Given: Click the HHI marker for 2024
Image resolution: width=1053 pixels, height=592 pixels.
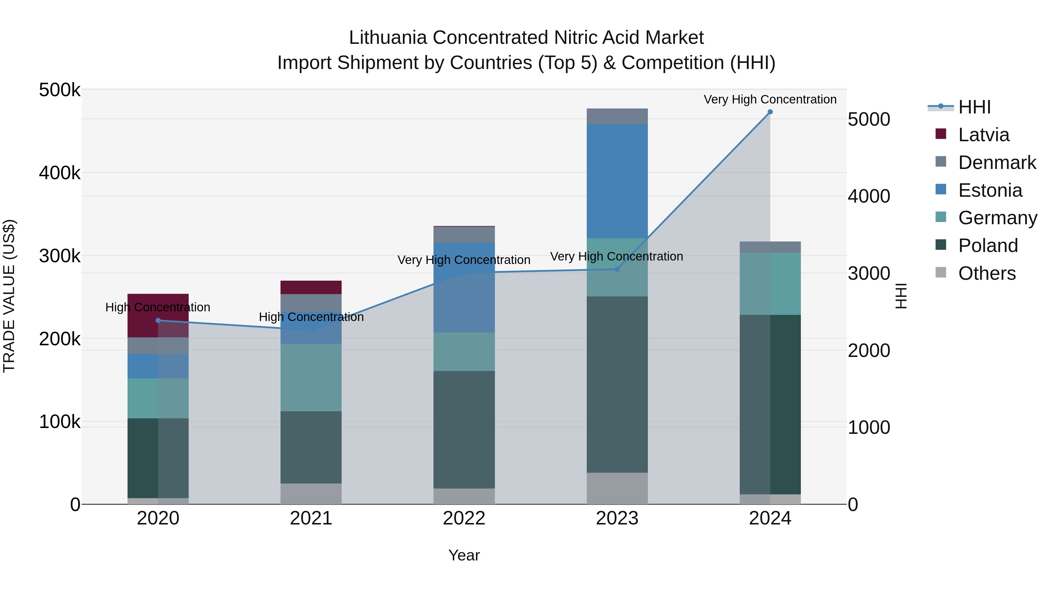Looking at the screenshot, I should pos(770,112).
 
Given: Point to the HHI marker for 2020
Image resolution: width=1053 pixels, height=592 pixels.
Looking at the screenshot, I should pos(158,320).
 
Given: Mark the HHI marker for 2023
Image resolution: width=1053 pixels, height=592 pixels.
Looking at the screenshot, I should pos(617,269).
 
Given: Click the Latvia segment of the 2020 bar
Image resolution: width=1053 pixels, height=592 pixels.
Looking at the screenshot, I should pos(143,315).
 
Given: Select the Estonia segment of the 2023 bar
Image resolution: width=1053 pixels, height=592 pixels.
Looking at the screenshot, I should pos(617,181).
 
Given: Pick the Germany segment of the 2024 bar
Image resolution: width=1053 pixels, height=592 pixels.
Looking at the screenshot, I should pos(770,284).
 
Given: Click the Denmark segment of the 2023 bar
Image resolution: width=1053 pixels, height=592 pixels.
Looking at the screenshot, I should pos(617,116).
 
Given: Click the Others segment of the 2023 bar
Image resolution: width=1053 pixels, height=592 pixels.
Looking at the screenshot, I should pos(617,488).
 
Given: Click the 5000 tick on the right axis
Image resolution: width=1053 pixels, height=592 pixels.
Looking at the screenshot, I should pos(869,120).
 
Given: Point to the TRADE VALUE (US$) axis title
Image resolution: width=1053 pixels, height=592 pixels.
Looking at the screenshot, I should pos(9,296).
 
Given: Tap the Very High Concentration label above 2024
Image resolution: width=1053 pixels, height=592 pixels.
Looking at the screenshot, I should pos(770,100).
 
